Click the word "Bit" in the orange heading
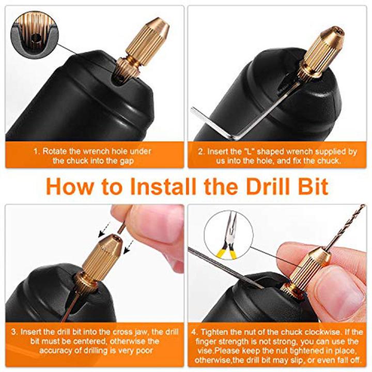pyautogui.click(x=312, y=187)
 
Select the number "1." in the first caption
pyautogui.click(x=36, y=151)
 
